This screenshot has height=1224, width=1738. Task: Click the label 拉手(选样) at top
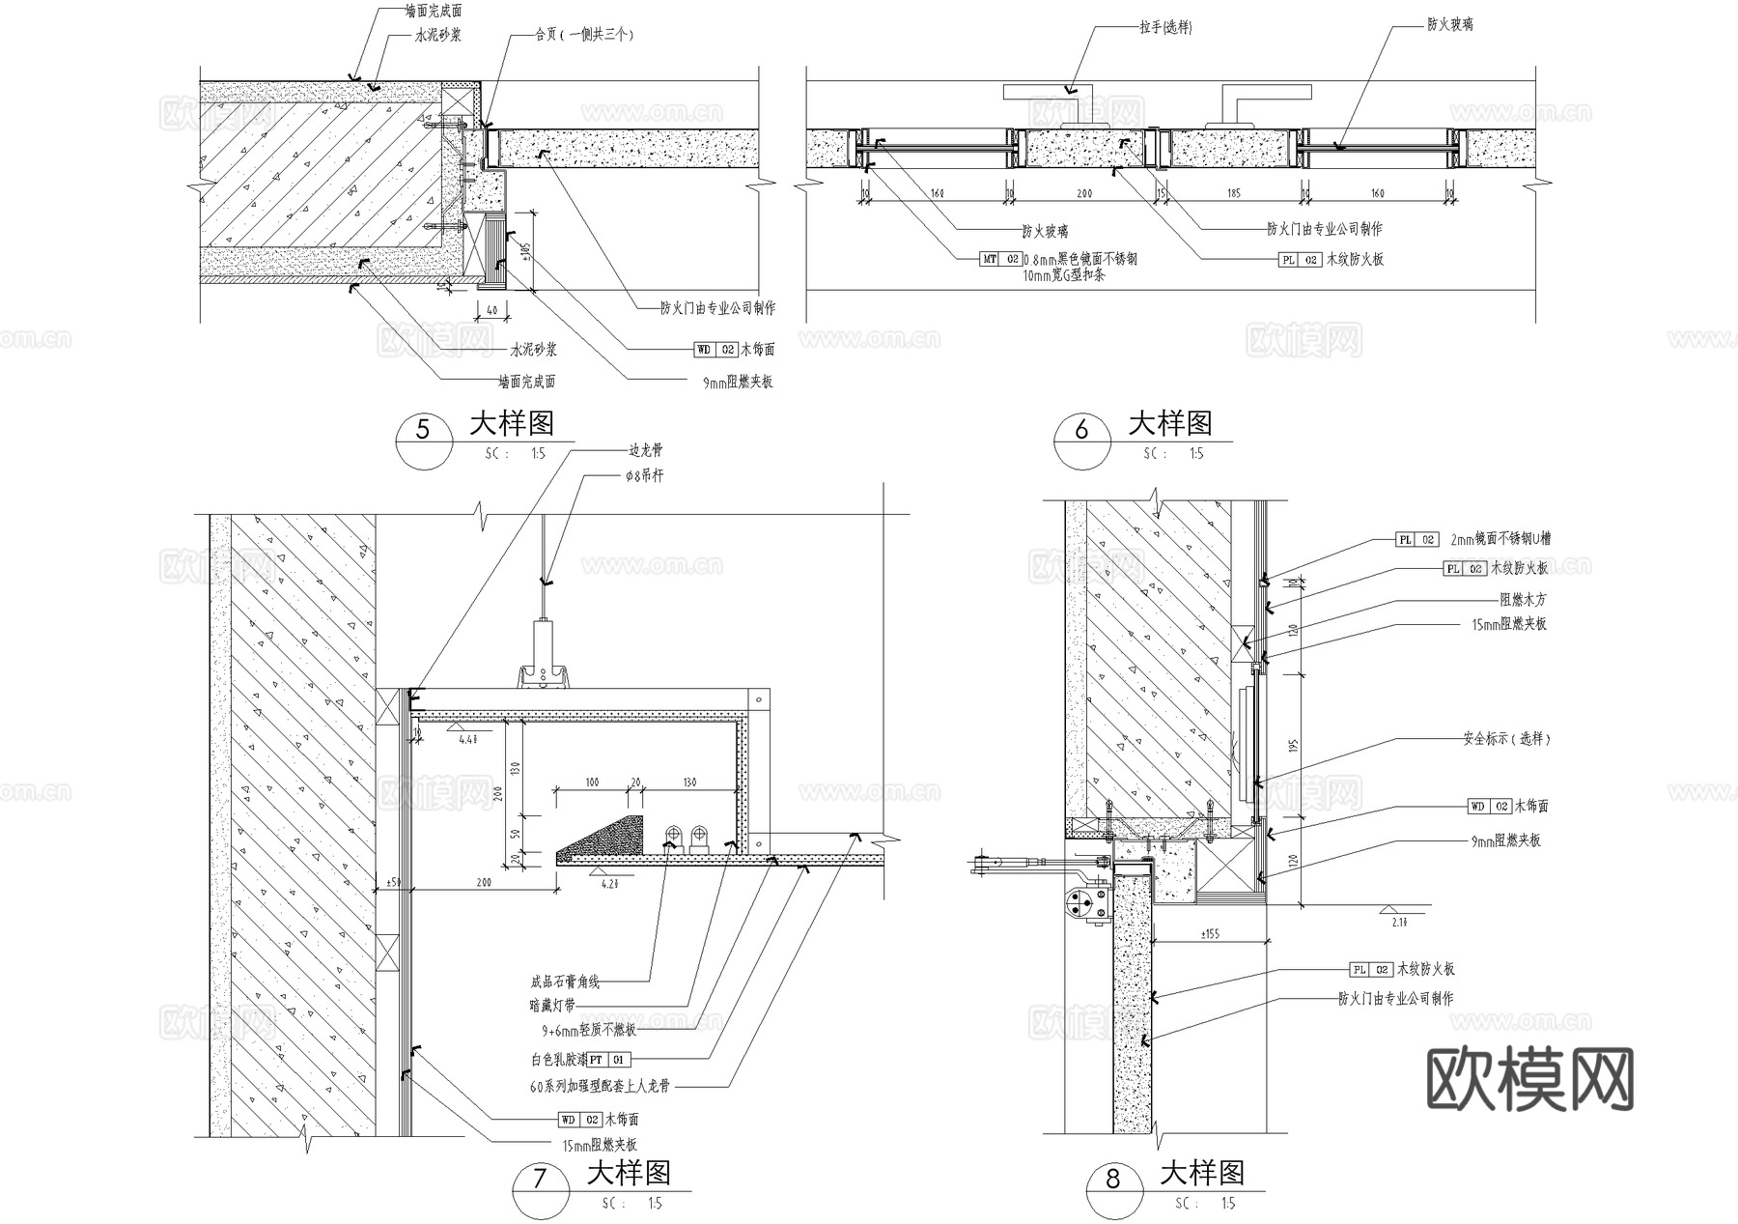(x=1165, y=28)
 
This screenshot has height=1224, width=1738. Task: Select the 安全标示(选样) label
(x=1505, y=739)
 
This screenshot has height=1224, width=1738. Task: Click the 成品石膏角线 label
(x=565, y=982)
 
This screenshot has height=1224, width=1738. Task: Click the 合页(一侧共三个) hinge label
(x=583, y=34)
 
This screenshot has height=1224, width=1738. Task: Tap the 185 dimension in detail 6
(x=1233, y=194)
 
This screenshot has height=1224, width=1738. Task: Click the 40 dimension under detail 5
(x=491, y=310)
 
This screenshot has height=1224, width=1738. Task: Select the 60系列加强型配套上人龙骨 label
(x=600, y=1086)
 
